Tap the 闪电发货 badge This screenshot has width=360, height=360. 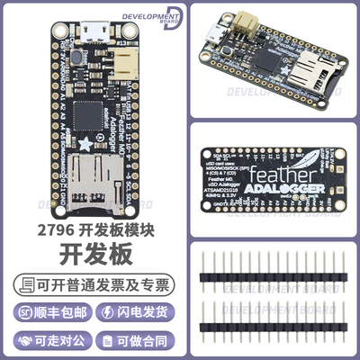[x=135, y=314]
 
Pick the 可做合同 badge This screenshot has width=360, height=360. [x=135, y=343]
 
